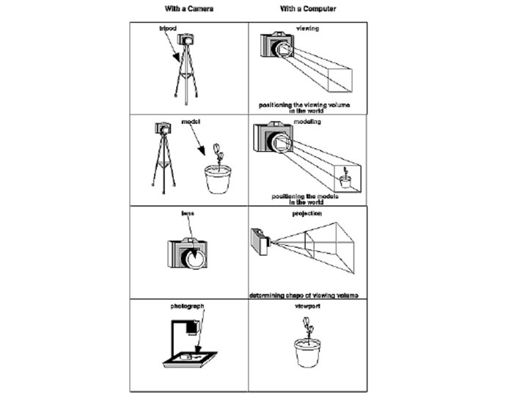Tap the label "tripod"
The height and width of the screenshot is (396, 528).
pos(169,28)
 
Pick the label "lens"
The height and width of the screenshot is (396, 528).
pos(187,213)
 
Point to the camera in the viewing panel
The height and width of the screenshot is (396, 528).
pos(276,46)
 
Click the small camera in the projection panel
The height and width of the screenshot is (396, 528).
pos(260,240)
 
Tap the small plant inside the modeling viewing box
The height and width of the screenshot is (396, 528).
pos(345,175)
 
